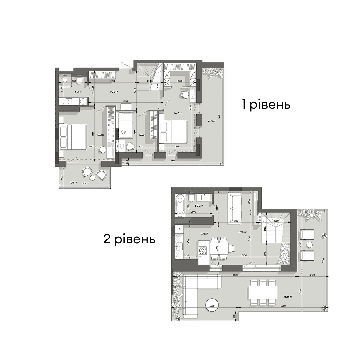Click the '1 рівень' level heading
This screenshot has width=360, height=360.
click(266, 105)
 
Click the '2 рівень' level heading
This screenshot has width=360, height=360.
click(129, 239)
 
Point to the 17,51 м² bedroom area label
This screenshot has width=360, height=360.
click(101, 135)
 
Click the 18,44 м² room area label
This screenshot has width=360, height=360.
click(179, 113)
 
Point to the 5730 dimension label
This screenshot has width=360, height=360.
click(126, 101)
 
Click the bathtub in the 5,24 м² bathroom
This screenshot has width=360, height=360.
click(180, 205)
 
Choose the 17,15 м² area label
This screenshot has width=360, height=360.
click(242, 232)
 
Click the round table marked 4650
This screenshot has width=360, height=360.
click(211, 306)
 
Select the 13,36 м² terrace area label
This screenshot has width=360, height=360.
click(288, 296)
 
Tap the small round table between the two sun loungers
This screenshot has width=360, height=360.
click(309, 245)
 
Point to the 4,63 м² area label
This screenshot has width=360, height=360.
click(211, 122)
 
